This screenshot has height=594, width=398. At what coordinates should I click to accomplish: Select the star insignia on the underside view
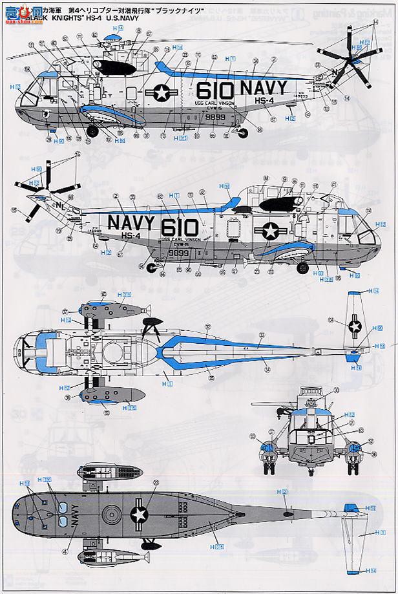pos(138,514)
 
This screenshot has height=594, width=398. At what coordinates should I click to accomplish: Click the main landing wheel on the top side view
pos(92,131)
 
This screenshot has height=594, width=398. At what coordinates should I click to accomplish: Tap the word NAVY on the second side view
pos(131,223)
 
